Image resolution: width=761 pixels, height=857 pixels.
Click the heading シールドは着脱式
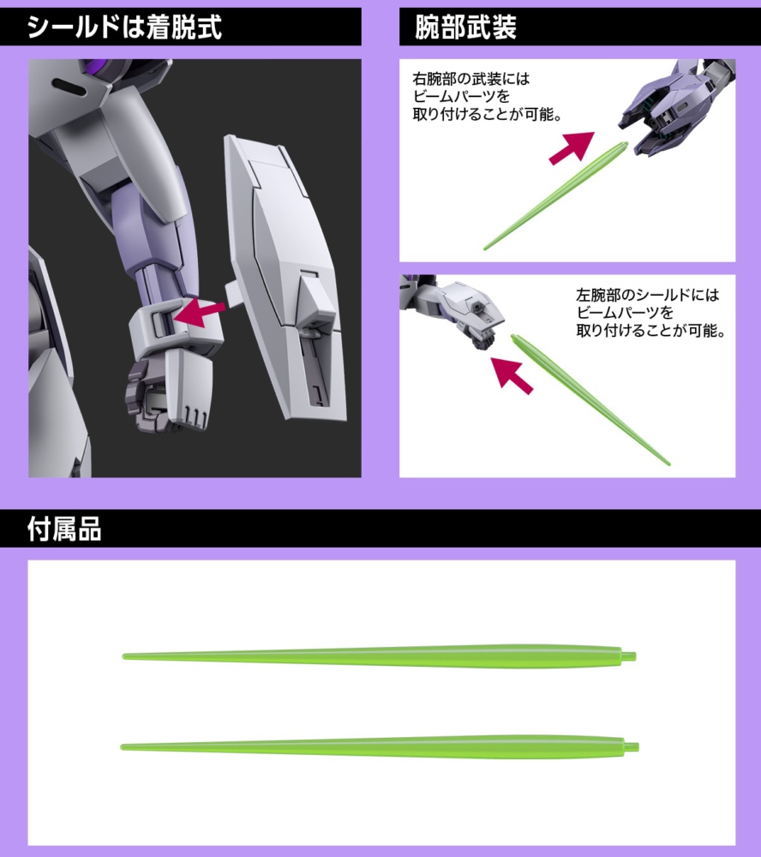[124, 28]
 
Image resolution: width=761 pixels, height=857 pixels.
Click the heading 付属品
[64, 530]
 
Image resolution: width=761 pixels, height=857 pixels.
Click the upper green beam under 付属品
[377, 656]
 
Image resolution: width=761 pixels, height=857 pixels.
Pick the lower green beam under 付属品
[377, 745]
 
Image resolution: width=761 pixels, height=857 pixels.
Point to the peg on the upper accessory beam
[629, 656]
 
